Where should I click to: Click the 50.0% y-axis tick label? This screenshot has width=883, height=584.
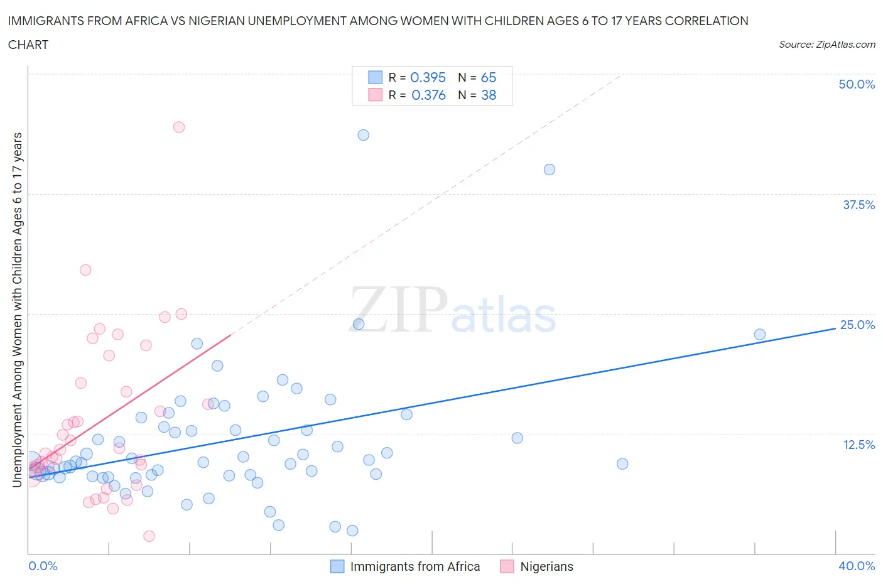coord(857,84)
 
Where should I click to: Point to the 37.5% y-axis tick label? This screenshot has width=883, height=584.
coord(859,205)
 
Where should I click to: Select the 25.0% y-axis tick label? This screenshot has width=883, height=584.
coord(857,325)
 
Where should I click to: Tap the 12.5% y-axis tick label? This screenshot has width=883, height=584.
coord(859,445)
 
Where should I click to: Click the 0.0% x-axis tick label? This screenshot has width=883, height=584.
coord(43,566)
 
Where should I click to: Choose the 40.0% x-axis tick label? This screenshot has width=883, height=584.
coord(857,566)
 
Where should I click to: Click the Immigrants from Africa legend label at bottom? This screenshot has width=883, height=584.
coord(414,566)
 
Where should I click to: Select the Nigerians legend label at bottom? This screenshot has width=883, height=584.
coord(546,566)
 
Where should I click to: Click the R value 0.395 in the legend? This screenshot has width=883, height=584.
coord(428,77)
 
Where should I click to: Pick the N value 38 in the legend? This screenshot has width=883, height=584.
coord(489,95)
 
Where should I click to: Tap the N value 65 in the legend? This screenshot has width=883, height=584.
coord(489,77)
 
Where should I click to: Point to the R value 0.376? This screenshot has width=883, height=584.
coord(428,95)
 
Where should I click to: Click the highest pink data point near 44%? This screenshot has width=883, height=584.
coord(179,127)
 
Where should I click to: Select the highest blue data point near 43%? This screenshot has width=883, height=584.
coord(363,135)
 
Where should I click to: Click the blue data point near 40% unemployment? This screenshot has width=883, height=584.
coord(550,170)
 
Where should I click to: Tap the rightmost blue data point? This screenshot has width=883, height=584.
coord(760,335)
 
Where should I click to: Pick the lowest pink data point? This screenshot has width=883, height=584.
coord(149,536)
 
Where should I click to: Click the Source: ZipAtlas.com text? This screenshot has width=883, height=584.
coord(826,45)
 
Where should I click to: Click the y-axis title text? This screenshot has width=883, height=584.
coord(17,310)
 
